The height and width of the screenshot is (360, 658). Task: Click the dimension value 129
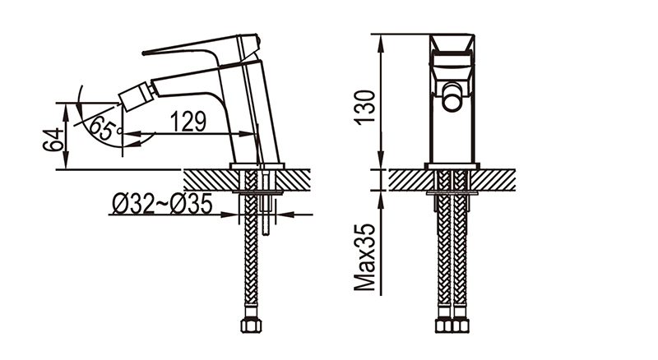(x=188, y=122)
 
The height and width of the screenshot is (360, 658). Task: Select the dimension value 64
(x=53, y=140)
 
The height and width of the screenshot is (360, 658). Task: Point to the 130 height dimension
(x=364, y=107)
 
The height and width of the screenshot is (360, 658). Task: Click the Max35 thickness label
(x=364, y=257)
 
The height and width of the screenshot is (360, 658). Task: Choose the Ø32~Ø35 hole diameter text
(x=162, y=205)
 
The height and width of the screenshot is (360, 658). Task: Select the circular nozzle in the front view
(x=452, y=97)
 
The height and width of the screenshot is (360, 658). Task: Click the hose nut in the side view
(x=251, y=326)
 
